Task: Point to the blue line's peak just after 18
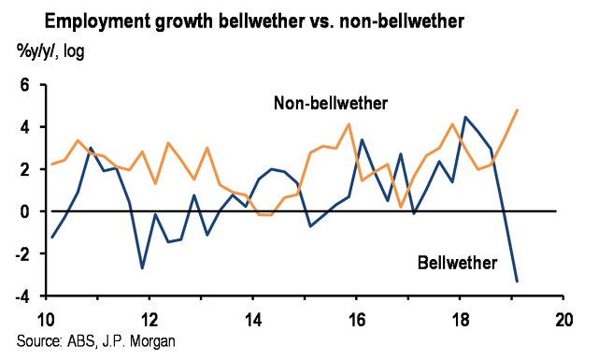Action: tap(465, 117)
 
